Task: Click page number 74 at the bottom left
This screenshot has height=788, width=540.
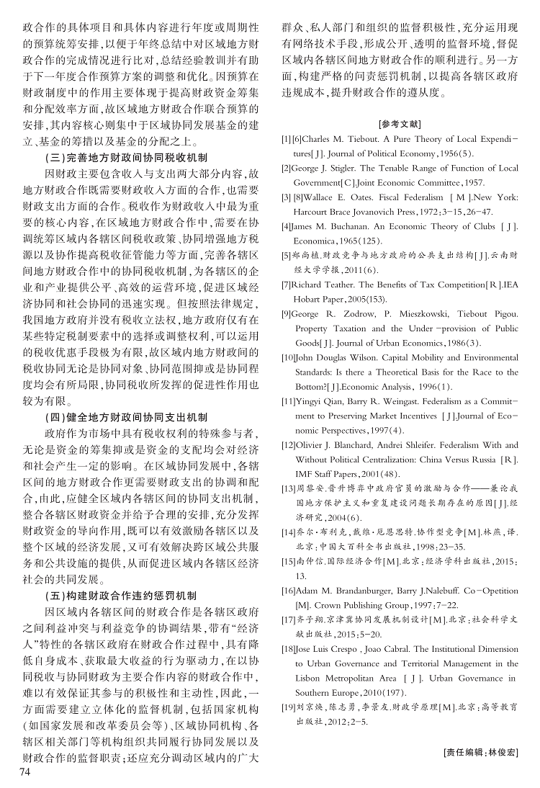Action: pyautogui.click(x=27, y=771)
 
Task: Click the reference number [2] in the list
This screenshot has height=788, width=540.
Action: pyautogui.click(x=286, y=168)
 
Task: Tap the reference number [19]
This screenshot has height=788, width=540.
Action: pyautogui.click(x=288, y=707)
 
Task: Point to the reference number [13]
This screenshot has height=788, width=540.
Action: pyautogui.click(x=288, y=488)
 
